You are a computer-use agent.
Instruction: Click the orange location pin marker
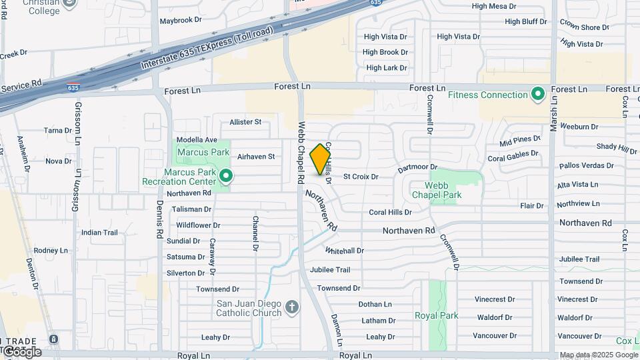(x=321, y=159)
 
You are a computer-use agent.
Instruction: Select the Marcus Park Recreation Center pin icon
(x=226, y=176)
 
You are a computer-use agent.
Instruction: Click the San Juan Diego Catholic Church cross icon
(x=291, y=307)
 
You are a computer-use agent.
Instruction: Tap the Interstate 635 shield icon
(x=73, y=87)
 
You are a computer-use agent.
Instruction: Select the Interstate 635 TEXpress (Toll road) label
(x=207, y=49)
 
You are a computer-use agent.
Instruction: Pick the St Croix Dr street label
(x=361, y=177)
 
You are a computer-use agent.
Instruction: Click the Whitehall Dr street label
(x=345, y=251)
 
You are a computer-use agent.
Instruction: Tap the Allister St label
(x=245, y=122)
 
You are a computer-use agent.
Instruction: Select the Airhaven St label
(x=256, y=157)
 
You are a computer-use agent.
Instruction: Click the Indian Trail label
(x=99, y=233)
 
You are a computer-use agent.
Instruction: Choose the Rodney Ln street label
(x=51, y=251)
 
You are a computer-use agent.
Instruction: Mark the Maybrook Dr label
(x=180, y=21)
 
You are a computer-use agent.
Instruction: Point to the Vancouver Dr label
(x=495, y=335)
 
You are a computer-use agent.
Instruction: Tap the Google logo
(x=21, y=351)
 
